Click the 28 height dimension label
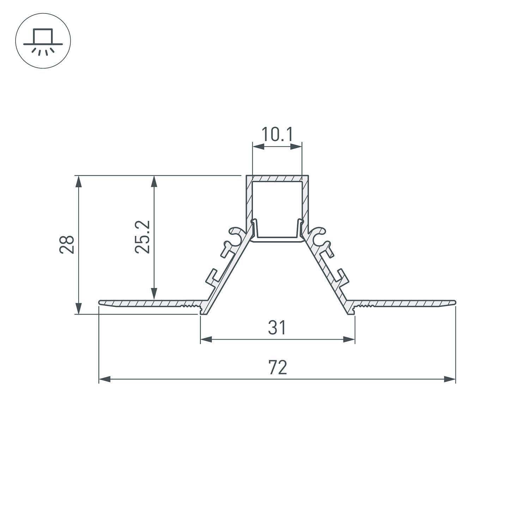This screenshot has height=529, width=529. tap(67, 244)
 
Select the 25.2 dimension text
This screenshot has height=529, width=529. tap(143, 237)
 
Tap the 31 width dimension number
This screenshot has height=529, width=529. tap(277, 328)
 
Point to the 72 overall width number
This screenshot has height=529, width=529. tap(278, 367)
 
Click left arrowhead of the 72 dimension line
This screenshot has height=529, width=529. tap(104, 379)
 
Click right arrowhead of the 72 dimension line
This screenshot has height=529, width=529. tap(450, 379)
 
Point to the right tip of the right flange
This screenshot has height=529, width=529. tap(455, 302)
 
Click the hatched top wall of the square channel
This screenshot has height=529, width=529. tap(277, 178)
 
